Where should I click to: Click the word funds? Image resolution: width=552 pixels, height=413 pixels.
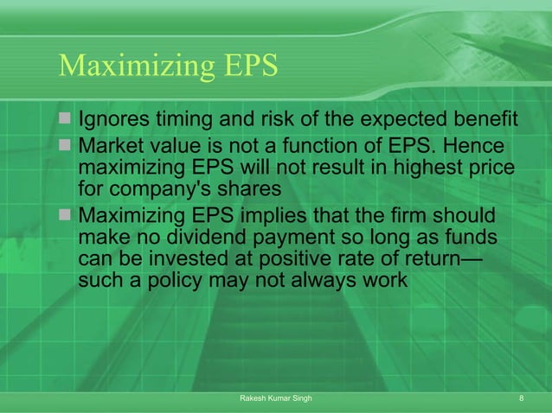469,236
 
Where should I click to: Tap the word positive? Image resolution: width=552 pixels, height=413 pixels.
300,258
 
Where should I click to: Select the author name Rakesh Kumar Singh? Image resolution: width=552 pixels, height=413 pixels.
275,397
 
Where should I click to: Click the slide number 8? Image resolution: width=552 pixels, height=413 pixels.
522,397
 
